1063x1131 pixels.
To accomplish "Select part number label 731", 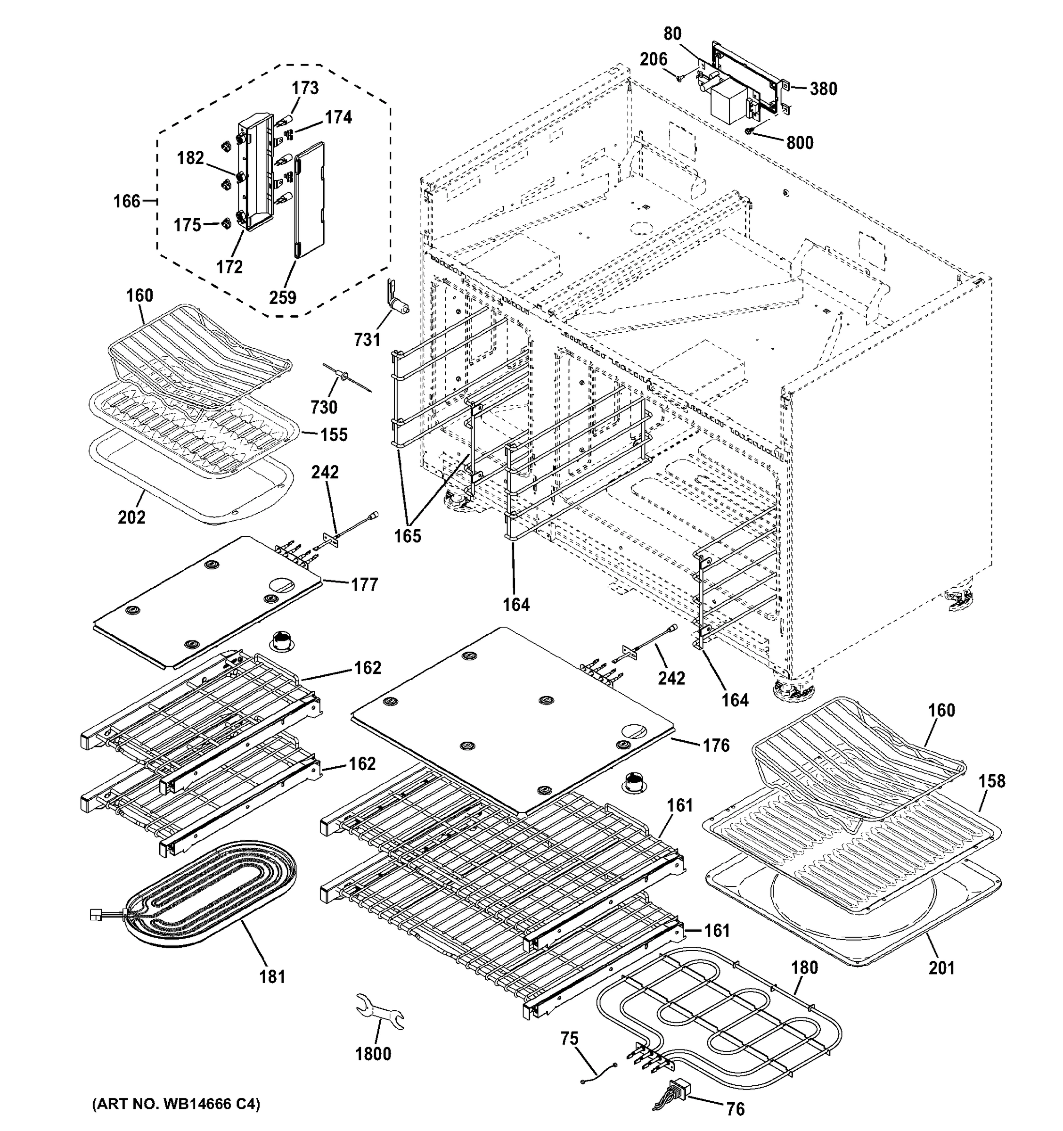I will point(367,339).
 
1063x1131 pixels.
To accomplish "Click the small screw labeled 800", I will point(750,131).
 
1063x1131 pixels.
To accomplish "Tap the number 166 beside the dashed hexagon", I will point(126,201).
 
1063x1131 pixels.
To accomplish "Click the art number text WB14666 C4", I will point(176,1104).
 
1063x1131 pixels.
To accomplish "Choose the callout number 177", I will point(365,584).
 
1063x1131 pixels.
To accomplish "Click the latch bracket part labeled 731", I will point(394,298).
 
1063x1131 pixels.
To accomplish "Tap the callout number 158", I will point(992,781).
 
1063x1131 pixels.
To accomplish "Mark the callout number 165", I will point(408,535).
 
